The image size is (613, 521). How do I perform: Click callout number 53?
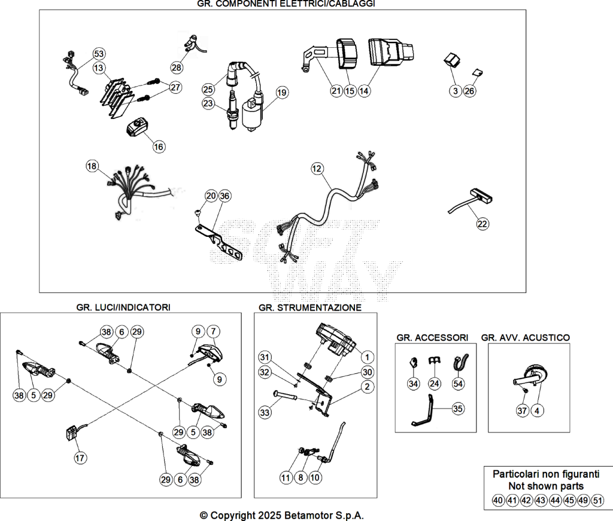click(99, 53)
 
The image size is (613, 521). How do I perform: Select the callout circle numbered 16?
click(158, 147)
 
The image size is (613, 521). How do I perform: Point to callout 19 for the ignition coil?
click(281, 93)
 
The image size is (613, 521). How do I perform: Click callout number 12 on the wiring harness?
click(317, 169)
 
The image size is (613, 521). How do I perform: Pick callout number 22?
click(482, 224)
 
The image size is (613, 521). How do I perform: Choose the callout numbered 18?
click(92, 166)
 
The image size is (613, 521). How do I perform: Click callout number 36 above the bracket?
click(224, 196)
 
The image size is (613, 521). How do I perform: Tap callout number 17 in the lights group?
click(80, 458)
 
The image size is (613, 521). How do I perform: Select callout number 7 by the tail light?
click(213, 331)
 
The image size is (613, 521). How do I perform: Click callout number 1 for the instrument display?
click(367, 357)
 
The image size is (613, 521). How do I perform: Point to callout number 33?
click(265, 412)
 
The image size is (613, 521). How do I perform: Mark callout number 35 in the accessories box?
click(458, 409)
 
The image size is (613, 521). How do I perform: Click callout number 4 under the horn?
click(537, 410)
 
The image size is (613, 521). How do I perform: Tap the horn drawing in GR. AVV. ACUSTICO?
click(530, 377)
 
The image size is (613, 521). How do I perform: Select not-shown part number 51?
click(598, 500)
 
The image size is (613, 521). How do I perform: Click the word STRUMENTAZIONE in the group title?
click(319, 308)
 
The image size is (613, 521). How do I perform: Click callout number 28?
click(177, 68)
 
